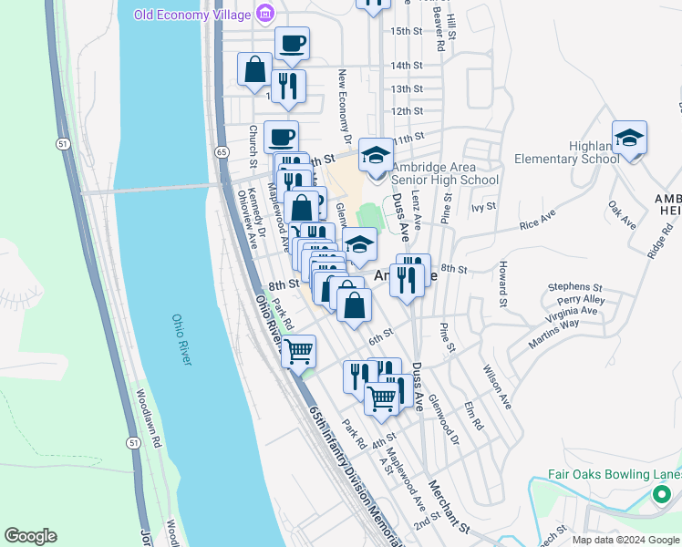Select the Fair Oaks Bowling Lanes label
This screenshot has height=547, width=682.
(615, 475)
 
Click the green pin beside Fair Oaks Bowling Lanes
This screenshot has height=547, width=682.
(663, 495)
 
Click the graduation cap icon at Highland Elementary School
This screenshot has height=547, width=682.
(629, 139)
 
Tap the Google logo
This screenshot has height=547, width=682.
(30, 536)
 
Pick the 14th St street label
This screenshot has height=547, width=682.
(406, 66)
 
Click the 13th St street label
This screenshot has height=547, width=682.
(406, 88)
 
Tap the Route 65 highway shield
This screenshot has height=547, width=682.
(222, 152)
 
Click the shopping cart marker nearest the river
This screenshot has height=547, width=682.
(298, 350)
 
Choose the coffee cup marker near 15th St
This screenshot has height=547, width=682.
(292, 44)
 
